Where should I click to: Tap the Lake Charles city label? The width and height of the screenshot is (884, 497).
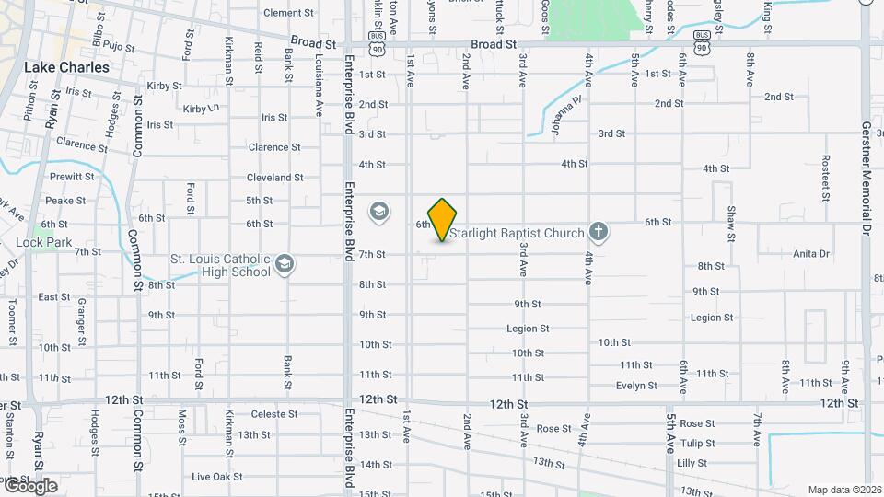pos(66,67)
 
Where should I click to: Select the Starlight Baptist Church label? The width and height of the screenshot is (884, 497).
pos(518,233)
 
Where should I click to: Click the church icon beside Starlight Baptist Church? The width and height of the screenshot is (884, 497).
pos(599,231)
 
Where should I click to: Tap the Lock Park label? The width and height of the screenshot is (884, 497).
pos(37,243)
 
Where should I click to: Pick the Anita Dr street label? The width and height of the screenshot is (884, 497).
pos(811,253)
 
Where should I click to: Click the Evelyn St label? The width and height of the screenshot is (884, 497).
pos(636,386)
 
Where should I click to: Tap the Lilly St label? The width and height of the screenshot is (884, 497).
pos(691,463)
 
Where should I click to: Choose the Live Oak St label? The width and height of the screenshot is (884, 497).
pos(217,477)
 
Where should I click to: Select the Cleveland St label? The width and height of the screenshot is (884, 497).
pos(274,178)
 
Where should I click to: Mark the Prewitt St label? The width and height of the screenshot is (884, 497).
pos(72,176)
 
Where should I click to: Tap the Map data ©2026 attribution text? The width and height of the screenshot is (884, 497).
pos(844,490)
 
